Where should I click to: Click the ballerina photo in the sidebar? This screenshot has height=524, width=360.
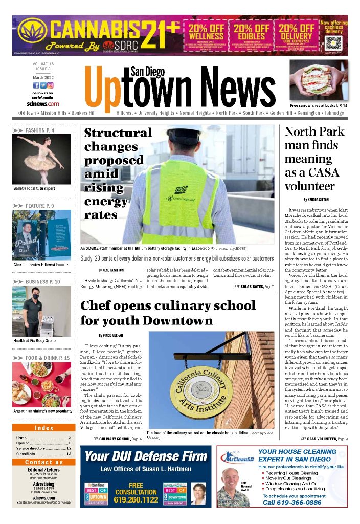pos(42,159)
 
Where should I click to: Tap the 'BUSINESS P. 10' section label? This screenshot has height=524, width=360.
pos(42,281)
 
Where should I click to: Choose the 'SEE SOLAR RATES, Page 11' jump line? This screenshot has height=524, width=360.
pos(255,286)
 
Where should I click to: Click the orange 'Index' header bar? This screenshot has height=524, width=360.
pos(44,428)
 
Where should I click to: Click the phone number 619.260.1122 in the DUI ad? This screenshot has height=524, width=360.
pos(136,499)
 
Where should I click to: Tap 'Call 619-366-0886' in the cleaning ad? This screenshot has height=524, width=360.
pos(290,503)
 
